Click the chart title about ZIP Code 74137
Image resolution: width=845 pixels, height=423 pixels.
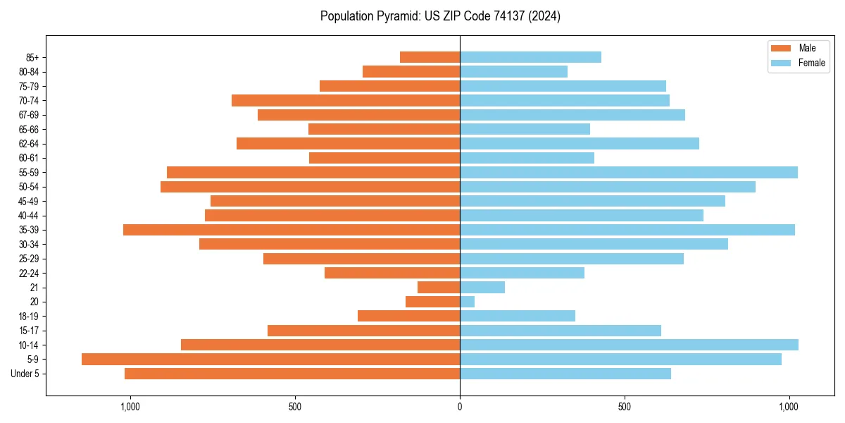(440, 16)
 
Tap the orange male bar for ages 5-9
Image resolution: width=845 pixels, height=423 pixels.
(270, 360)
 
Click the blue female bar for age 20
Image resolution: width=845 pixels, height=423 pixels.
(467, 302)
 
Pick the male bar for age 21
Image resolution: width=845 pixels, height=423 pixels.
(439, 288)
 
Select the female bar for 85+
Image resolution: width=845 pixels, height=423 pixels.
(530, 57)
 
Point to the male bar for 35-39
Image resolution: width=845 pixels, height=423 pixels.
(292, 230)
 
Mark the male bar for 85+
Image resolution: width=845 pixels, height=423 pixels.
(430, 57)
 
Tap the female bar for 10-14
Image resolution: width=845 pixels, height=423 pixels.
(629, 345)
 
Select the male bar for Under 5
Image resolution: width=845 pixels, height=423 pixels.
(292, 374)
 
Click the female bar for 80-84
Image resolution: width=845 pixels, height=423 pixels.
(513, 72)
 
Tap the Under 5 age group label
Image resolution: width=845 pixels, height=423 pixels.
(25, 374)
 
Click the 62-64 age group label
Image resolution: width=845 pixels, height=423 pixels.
(29, 144)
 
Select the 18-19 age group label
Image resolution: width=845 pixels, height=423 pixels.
(29, 317)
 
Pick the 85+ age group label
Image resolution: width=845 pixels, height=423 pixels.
(32, 57)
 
